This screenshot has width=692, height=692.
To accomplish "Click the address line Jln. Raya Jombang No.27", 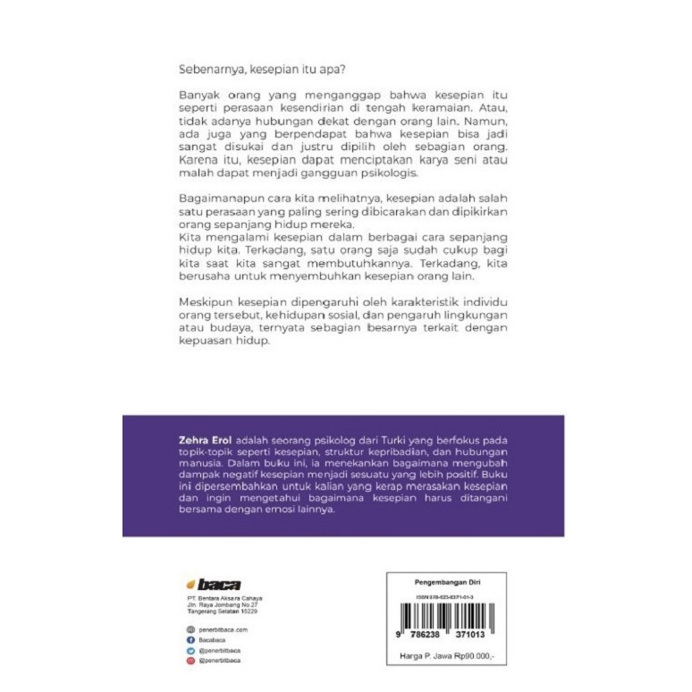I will click(216, 605).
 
